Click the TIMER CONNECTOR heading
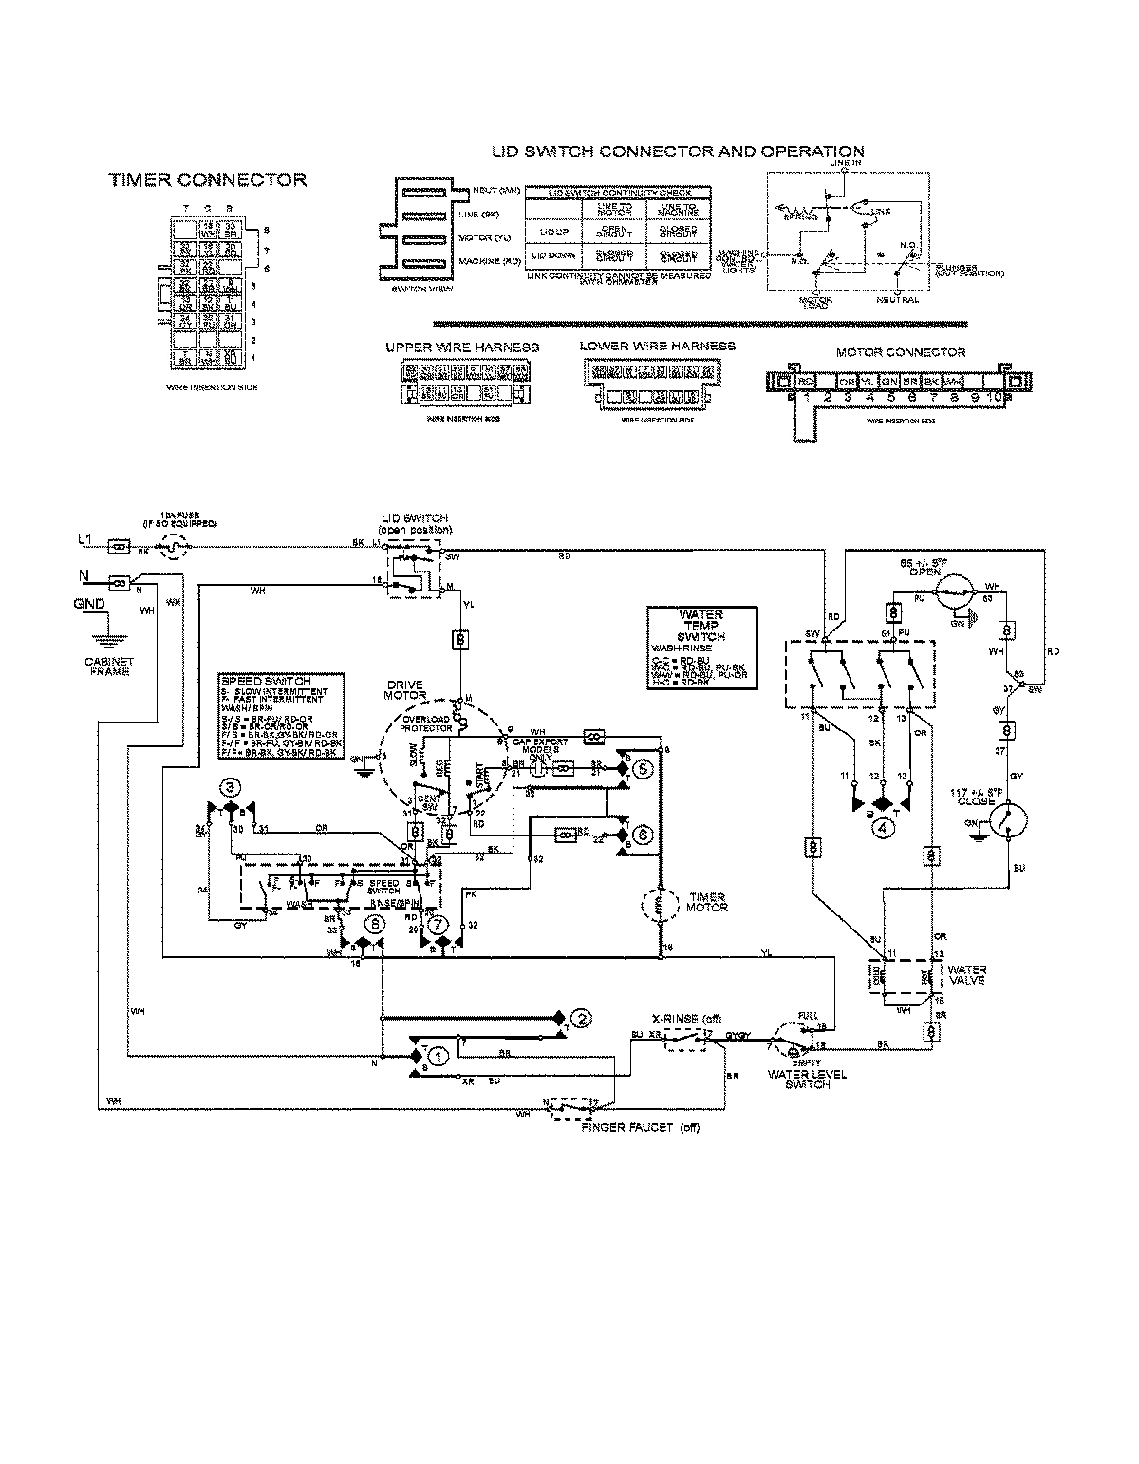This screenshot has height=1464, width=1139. pyautogui.click(x=207, y=180)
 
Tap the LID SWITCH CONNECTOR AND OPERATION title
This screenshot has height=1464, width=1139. pyautogui.click(x=677, y=152)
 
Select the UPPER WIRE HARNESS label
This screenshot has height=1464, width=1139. pyautogui.click(x=462, y=347)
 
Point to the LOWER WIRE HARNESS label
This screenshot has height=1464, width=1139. pyautogui.click(x=657, y=346)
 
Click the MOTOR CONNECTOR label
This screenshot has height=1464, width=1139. pyautogui.click(x=900, y=352)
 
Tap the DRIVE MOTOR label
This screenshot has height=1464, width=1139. pyautogui.click(x=405, y=690)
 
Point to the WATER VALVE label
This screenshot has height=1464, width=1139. pyautogui.click(x=967, y=975)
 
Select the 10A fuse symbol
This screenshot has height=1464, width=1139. pyautogui.click(x=170, y=547)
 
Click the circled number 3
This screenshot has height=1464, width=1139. pyautogui.click(x=229, y=786)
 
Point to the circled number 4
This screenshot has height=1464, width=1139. pyautogui.click(x=884, y=826)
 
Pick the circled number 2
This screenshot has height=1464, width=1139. pyautogui.click(x=584, y=1018)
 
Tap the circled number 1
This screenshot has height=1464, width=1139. pyautogui.click(x=437, y=1056)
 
